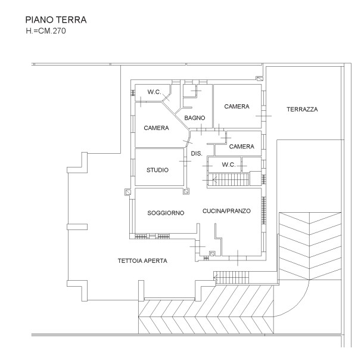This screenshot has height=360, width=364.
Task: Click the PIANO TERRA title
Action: pos(56,20)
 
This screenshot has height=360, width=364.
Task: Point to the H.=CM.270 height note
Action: pos(46,31)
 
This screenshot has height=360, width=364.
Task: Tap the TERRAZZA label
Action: pos(302,110)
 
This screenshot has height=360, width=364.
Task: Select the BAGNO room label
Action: pos(195,118)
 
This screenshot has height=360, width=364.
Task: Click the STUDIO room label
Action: pos(157,170)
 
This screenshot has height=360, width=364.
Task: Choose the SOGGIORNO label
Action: pos(166,213)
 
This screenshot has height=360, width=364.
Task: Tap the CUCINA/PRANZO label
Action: pos(226,211)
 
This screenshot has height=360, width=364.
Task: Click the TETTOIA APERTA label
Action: pos(142,261)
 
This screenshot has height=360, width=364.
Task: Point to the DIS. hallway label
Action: pos(197,154)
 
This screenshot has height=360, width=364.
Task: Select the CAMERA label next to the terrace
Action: pos(237,107)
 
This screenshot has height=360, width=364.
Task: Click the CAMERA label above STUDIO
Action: pos(156,128)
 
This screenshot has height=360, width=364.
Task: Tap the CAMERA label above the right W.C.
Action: pos(241,147)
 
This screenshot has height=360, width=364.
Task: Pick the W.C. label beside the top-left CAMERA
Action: pos(154,92)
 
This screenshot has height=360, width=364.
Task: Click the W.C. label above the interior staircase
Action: pos(229,165)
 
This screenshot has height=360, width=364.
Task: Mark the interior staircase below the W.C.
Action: pos(228,180)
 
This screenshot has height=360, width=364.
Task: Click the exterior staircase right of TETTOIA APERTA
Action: pos(231,277)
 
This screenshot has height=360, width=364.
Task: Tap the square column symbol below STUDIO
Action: pos(186,191)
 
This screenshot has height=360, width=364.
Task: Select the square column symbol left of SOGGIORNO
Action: pos(127,192)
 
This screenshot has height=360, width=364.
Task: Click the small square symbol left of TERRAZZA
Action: pos(260,79)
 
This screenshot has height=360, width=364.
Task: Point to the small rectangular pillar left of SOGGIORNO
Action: pos(77,226)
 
